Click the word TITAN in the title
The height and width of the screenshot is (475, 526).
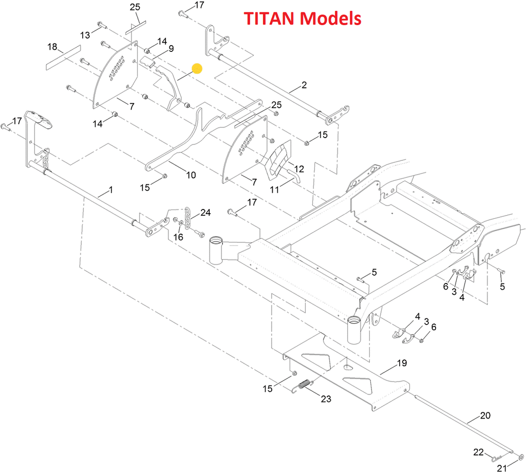click(x=270, y=19)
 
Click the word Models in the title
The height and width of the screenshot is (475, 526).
click(x=331, y=19)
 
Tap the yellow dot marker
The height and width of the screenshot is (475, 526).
click(x=197, y=68)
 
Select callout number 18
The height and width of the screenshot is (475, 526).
click(x=52, y=47)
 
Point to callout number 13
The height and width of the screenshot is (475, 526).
click(x=85, y=34)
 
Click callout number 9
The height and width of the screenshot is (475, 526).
click(x=171, y=48)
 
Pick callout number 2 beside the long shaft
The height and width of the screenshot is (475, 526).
click(x=304, y=85)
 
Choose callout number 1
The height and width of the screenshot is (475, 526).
click(x=111, y=190)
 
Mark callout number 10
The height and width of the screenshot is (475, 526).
click(x=191, y=175)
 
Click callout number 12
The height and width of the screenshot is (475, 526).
click(x=299, y=168)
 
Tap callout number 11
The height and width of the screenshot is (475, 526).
click(x=275, y=189)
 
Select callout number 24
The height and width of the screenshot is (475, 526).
click(x=205, y=212)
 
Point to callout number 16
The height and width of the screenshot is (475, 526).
click(x=178, y=237)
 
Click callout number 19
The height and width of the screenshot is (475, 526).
click(x=402, y=363)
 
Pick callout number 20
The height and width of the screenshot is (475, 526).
click(x=485, y=415)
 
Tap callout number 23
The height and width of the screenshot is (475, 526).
click(x=326, y=398)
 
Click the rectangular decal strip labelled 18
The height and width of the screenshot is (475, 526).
click(x=63, y=56)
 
